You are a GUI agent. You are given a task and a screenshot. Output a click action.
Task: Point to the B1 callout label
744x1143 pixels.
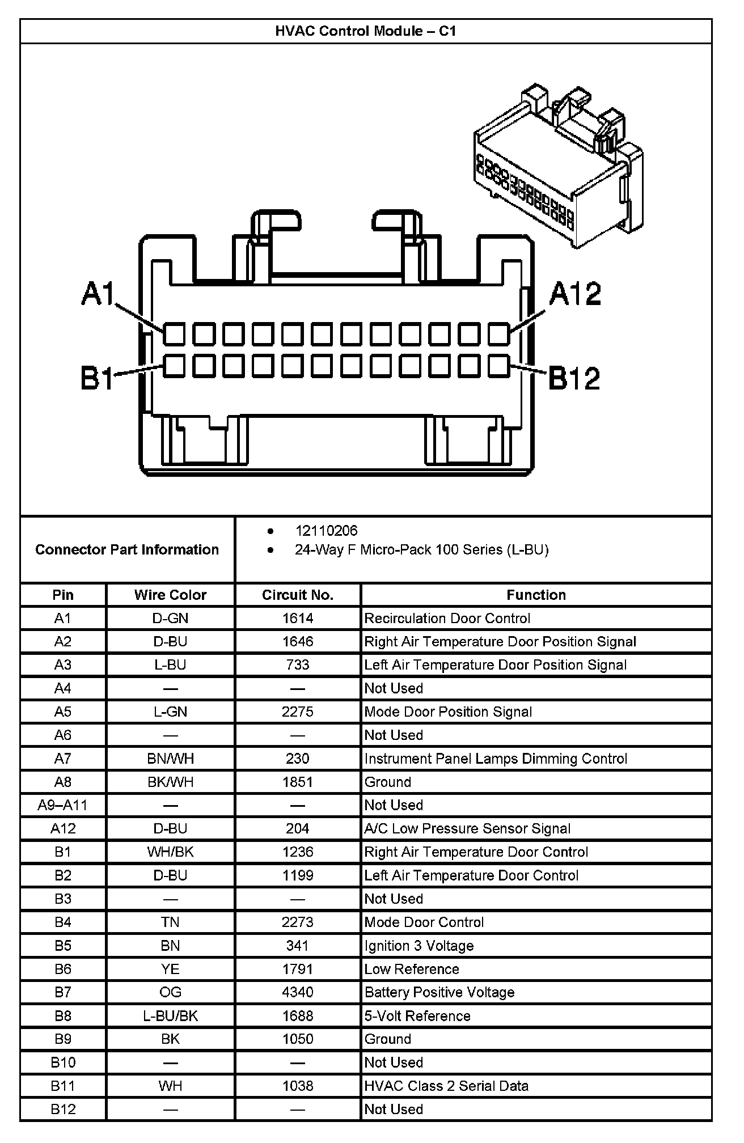tap(97, 378)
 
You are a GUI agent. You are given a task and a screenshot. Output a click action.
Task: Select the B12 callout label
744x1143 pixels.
tap(574, 378)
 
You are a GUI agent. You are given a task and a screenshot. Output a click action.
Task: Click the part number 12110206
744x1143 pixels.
tap(326, 531)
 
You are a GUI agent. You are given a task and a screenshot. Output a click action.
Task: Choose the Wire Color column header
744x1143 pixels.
tap(170, 595)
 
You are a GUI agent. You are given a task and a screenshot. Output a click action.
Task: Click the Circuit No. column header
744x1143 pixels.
tap(297, 595)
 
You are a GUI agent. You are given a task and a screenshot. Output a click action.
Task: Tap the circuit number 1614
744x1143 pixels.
tap(297, 618)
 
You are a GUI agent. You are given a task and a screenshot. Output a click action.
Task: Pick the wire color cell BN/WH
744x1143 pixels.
tap(170, 759)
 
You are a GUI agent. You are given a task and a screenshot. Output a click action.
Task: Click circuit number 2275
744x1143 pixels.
tap(297, 712)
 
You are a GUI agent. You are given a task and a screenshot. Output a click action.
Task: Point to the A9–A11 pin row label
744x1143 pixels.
tap(62, 805)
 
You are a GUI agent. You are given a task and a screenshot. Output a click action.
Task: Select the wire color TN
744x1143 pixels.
tap(170, 922)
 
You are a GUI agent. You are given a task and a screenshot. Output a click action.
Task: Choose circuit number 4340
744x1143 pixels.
tap(297, 992)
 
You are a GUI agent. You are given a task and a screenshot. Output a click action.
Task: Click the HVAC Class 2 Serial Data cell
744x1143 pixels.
tap(446, 1086)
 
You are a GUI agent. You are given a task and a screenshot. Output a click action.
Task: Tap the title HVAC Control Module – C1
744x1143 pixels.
tap(366, 31)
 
